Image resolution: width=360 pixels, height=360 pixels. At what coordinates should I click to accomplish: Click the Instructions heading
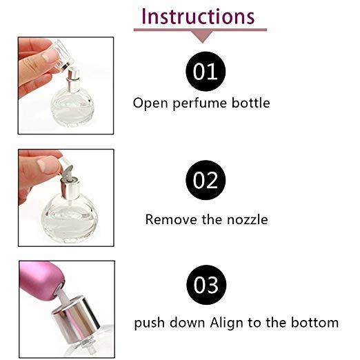(x=198, y=16)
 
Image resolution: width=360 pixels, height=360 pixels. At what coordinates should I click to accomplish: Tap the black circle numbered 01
(x=206, y=72)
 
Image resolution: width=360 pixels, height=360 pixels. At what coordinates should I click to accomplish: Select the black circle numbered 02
(x=206, y=180)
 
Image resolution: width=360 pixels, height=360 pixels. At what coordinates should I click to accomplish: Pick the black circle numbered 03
(x=206, y=285)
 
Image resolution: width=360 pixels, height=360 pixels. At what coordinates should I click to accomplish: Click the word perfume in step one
(x=200, y=103)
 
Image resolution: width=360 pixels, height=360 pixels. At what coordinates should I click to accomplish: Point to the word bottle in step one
(x=250, y=103)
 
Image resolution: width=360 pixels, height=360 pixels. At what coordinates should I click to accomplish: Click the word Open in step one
(x=150, y=103)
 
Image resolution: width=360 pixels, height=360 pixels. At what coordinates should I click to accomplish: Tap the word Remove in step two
(x=171, y=219)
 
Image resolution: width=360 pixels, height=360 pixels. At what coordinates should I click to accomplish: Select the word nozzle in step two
(x=248, y=219)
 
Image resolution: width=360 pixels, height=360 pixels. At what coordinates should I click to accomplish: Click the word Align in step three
(x=226, y=323)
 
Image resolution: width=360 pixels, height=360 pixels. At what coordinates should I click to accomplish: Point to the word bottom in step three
(x=315, y=322)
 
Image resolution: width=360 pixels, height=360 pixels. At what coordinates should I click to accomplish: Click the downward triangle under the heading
(x=203, y=37)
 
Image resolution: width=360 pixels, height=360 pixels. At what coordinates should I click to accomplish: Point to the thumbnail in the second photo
(x=48, y=165)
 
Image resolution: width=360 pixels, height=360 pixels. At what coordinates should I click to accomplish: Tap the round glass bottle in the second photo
(x=70, y=219)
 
